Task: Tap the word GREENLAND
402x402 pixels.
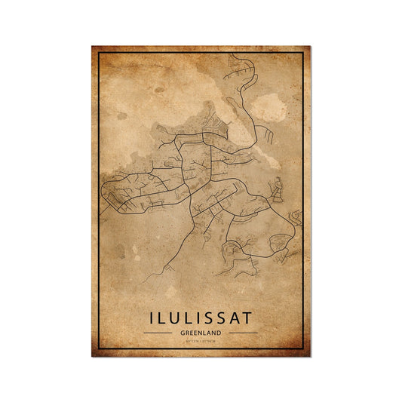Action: point(200,332)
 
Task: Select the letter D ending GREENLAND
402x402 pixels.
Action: point(219,332)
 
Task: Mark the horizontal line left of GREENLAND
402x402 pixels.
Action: point(157,333)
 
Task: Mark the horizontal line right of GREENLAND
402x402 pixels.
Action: point(243,333)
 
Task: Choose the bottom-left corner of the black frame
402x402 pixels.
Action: point(99,348)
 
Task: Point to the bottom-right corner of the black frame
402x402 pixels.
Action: point(302,348)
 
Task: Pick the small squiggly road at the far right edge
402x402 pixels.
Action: point(296,219)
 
